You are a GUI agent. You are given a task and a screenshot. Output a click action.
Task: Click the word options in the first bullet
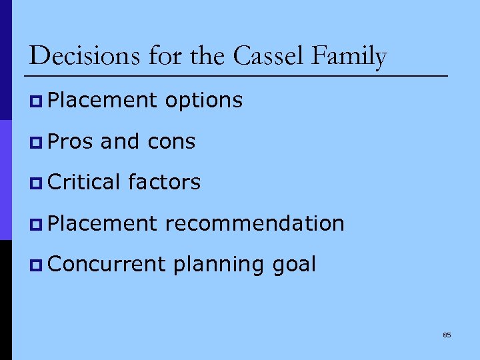click(x=203, y=101)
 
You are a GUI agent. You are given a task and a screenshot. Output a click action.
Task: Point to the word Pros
click(x=71, y=141)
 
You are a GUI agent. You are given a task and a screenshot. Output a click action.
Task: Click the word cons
click(x=171, y=142)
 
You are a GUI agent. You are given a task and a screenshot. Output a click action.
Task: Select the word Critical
click(x=85, y=182)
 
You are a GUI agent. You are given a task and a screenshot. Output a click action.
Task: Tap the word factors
click(x=164, y=182)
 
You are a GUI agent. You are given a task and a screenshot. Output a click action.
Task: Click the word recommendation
click(x=254, y=223)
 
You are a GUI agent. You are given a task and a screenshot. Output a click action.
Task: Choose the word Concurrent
click(x=107, y=264)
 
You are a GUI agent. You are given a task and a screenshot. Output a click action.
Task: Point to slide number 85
click(x=447, y=335)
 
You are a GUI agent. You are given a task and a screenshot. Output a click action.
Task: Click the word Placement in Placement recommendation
click(x=103, y=223)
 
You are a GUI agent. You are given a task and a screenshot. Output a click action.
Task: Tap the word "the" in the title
click(x=209, y=56)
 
